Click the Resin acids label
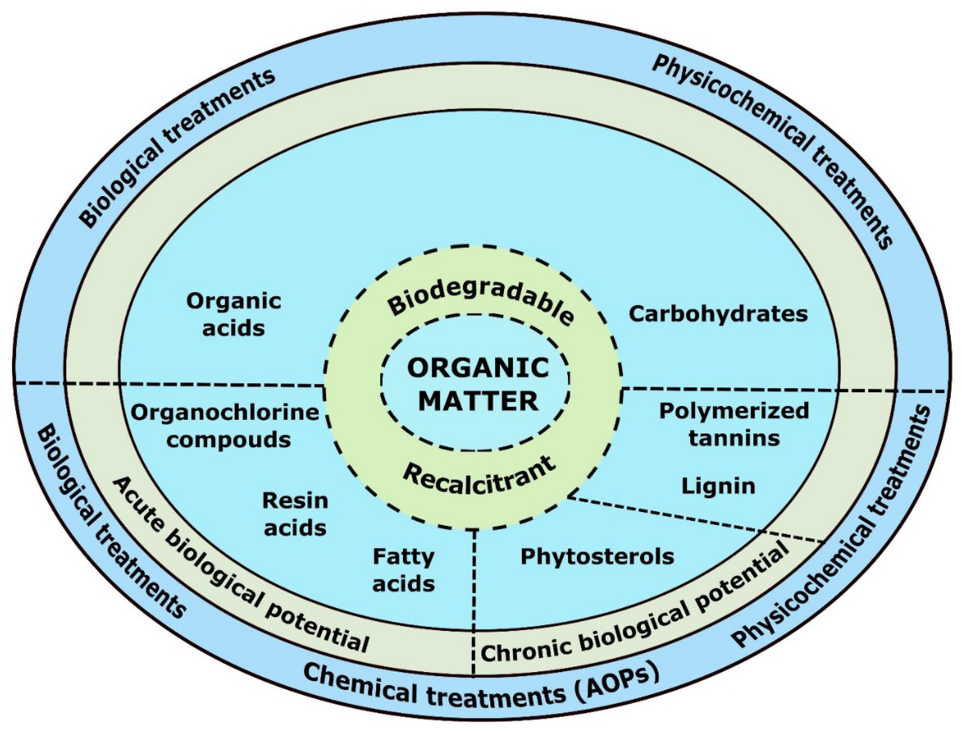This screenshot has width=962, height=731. (295, 514)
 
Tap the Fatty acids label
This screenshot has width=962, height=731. (403, 570)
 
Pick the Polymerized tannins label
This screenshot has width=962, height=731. (734, 424)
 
